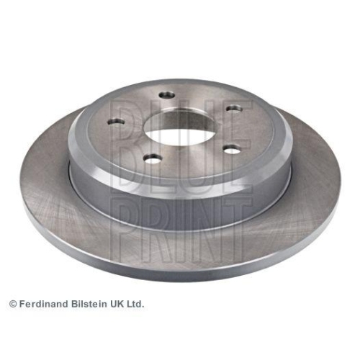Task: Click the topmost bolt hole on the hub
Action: (x=167, y=94)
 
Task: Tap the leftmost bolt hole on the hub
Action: (x=116, y=122)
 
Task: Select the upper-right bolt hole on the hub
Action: (x=235, y=109)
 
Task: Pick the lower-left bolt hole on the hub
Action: (x=153, y=159)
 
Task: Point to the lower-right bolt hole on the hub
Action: (x=232, y=150)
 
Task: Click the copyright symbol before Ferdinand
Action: (x=13, y=305)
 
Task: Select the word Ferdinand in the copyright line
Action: (x=44, y=304)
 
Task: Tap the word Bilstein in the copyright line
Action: (x=89, y=304)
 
